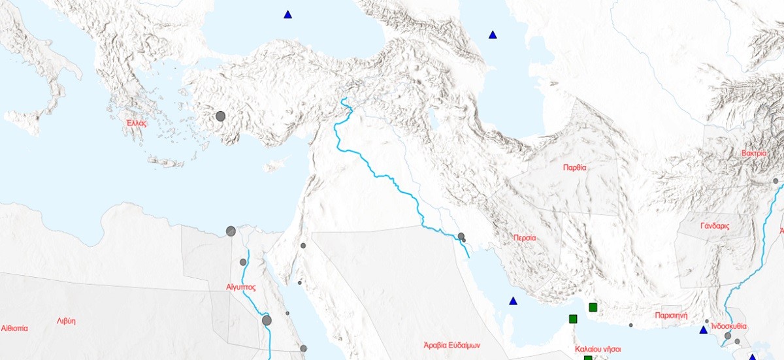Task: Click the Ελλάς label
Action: point(137,123)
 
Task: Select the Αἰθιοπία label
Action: point(14,328)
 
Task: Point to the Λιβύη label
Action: point(66,321)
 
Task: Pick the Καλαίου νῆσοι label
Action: point(598,348)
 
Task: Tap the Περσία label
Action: point(525,238)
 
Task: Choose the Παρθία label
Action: point(575,167)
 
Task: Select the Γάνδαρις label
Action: point(717,226)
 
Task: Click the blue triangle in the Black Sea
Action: point(287,14)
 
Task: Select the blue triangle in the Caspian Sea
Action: point(493,35)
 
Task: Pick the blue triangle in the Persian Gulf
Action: point(513,301)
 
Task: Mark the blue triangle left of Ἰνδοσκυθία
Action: point(704,330)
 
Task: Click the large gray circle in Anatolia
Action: point(220,116)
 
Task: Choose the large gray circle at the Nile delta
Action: point(231,231)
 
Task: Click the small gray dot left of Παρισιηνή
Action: point(630,325)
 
